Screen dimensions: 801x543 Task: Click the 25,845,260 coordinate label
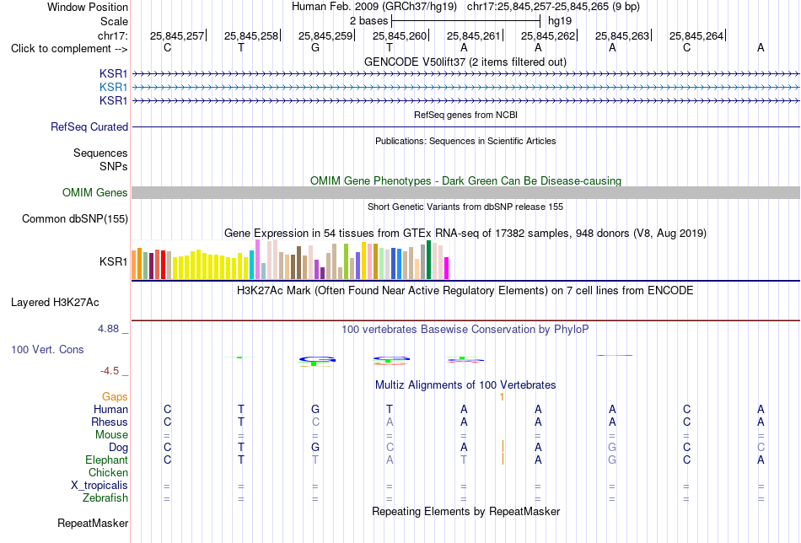point(400,35)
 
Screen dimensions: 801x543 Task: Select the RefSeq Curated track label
point(89,126)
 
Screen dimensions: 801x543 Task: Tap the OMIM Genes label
point(95,192)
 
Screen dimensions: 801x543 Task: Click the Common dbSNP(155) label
point(75,218)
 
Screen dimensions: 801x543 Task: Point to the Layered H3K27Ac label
point(55,303)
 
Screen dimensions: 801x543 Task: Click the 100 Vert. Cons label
point(47,349)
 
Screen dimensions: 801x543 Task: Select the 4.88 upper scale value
point(108,329)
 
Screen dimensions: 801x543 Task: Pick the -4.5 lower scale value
point(110,371)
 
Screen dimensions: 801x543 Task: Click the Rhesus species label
point(110,422)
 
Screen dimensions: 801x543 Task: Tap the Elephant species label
point(106,460)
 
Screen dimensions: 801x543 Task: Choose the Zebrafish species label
point(105,497)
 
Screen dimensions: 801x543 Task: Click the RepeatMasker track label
point(93,523)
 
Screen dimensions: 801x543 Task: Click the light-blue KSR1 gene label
point(114,88)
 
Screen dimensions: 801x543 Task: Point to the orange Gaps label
point(115,396)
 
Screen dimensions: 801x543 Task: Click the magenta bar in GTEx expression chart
point(446,268)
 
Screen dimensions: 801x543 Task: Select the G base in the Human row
point(315,409)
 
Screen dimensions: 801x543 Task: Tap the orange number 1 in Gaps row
point(503,397)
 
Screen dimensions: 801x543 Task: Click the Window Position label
point(88,7)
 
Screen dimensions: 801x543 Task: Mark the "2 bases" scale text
point(368,21)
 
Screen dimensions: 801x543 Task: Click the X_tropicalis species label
point(99,486)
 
